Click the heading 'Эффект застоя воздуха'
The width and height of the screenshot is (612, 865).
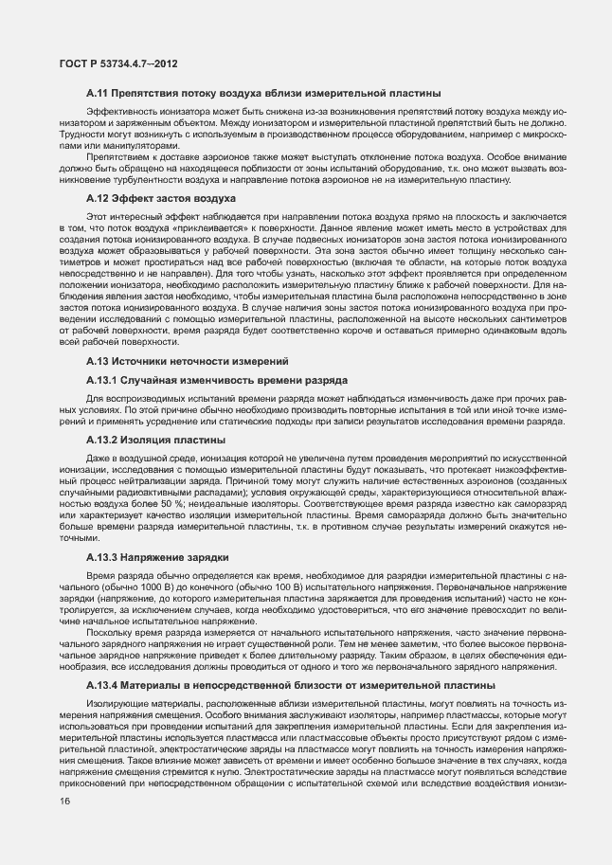tap(175, 198)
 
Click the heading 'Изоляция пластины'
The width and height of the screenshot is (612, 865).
tap(171, 440)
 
